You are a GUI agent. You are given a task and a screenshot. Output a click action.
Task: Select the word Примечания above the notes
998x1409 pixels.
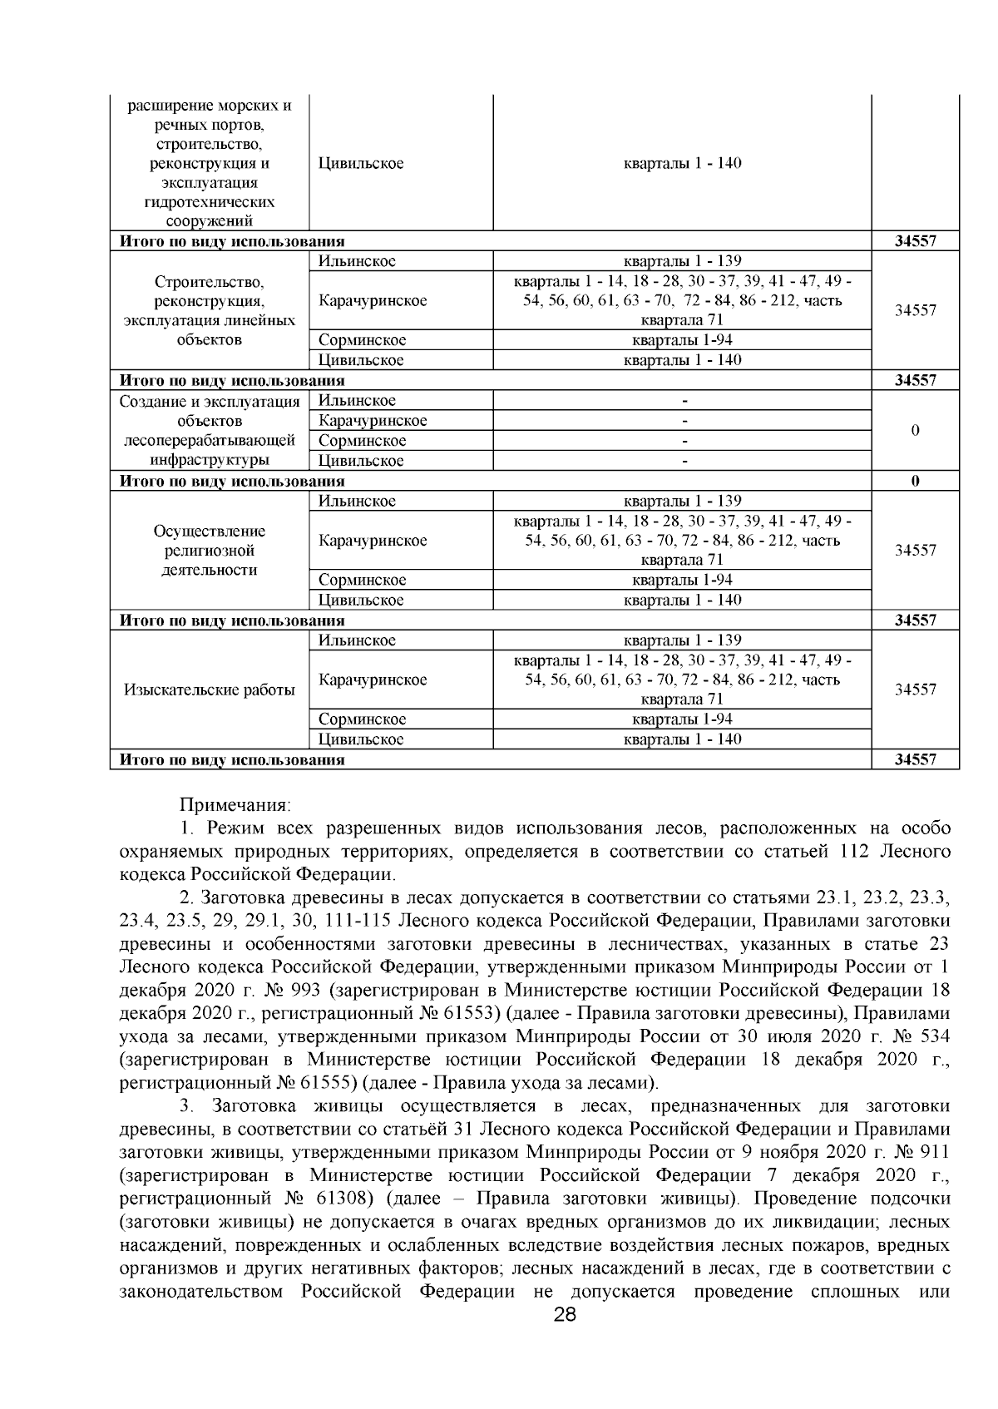235,805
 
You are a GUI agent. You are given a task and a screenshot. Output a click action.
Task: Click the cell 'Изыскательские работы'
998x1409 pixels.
209,690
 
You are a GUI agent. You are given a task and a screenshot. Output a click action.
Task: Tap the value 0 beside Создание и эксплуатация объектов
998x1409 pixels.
915,431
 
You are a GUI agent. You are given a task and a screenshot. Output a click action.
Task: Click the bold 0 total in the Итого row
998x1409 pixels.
915,481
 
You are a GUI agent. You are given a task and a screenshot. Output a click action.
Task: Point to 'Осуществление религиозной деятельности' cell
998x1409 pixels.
209,551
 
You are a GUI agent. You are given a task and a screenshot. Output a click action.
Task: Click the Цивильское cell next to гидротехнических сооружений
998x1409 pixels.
361,163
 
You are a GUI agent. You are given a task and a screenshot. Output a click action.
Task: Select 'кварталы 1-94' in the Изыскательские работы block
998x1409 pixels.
682,719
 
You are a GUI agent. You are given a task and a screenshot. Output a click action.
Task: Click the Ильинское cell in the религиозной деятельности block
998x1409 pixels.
357,501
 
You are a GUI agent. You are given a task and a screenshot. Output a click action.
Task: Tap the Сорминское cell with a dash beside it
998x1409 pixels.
362,441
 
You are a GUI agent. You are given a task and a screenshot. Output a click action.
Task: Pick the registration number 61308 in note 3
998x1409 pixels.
338,1199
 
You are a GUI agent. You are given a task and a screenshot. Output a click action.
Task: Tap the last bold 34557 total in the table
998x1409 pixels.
915,759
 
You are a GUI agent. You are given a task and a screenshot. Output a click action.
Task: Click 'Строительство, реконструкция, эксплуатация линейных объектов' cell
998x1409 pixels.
209,310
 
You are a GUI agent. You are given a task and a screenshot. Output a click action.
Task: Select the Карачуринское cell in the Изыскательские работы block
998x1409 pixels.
372,680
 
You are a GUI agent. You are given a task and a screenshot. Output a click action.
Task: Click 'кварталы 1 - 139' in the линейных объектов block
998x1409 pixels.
682,261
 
